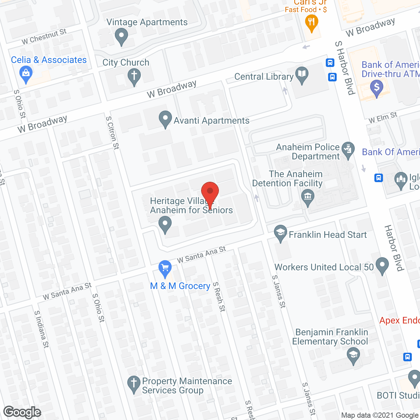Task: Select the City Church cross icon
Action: [x=134, y=76]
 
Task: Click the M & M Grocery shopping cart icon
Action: [x=165, y=268]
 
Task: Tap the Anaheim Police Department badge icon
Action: [x=348, y=150]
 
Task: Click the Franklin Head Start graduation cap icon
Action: [x=281, y=233]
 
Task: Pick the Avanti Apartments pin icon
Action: [x=165, y=119]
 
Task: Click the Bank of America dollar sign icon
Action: [x=376, y=88]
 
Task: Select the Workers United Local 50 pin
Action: [x=382, y=265]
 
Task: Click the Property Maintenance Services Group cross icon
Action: [x=134, y=384]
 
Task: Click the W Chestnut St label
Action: [x=44, y=37]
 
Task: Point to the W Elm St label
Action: [x=383, y=117]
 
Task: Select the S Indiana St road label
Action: [x=42, y=329]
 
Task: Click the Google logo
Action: [x=22, y=412]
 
